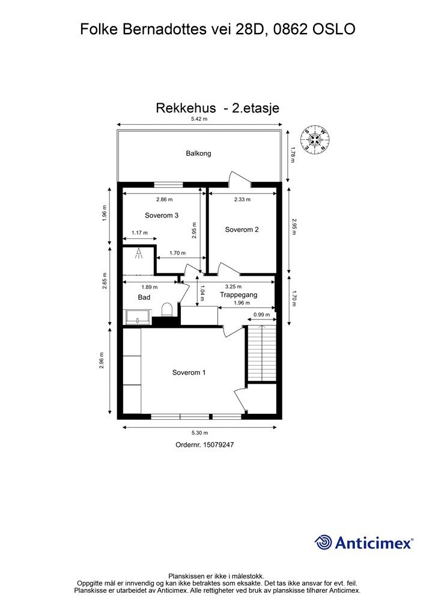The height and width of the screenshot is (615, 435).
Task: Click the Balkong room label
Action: pyautogui.click(x=198, y=154)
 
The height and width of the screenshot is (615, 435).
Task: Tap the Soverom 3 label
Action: pyautogui.click(x=162, y=215)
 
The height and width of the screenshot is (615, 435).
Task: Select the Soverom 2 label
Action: pyautogui.click(x=242, y=229)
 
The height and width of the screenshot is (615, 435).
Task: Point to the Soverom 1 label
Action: pyautogui.click(x=189, y=372)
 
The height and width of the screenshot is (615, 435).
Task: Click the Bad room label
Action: pyautogui.click(x=144, y=297)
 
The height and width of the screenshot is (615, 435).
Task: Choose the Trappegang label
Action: pyautogui.click(x=238, y=295)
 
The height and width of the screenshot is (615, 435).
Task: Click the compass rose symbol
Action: pyautogui.click(x=314, y=139)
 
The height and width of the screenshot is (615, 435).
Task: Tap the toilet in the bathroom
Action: pyautogui.click(x=168, y=310)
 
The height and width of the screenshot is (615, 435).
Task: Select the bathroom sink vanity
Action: pyautogui.click(x=138, y=317)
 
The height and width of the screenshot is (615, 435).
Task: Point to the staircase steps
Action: pyautogui.click(x=261, y=353)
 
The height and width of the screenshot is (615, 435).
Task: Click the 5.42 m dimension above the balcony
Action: pyautogui.click(x=199, y=120)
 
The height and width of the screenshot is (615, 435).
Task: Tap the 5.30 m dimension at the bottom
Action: pyautogui.click(x=199, y=432)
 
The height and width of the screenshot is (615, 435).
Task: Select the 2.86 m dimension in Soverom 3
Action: pyautogui.click(x=164, y=199)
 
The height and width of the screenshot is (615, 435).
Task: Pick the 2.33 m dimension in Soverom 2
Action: pyautogui.click(x=242, y=199)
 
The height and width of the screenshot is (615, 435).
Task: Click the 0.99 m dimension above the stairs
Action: pyautogui.click(x=261, y=315)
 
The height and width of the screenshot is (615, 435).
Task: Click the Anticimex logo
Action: pyautogui.click(x=364, y=542)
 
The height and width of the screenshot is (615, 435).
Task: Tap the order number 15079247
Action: pyautogui.click(x=204, y=445)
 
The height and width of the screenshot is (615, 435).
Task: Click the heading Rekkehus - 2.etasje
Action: pyautogui.click(x=218, y=108)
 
